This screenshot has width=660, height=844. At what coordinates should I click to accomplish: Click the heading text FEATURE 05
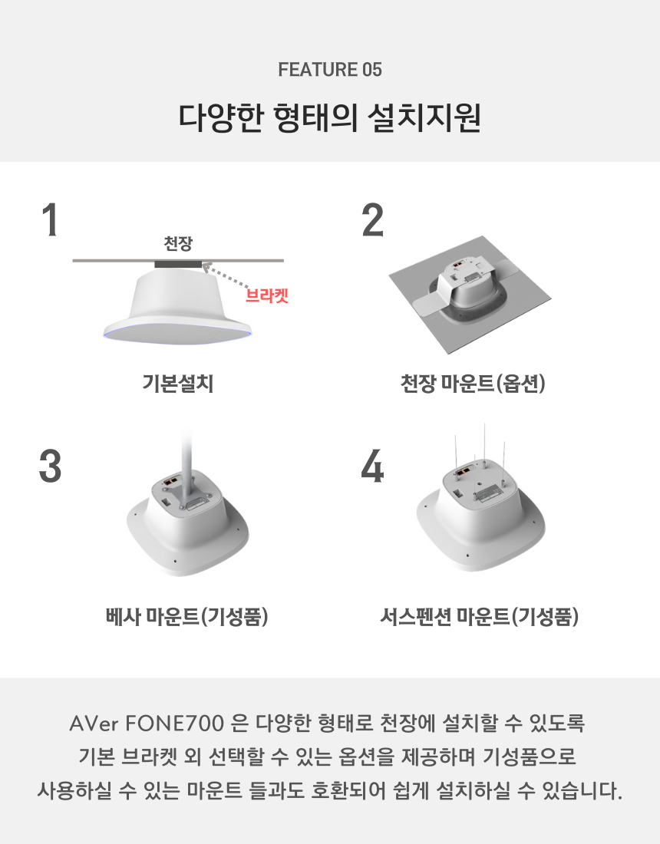329,69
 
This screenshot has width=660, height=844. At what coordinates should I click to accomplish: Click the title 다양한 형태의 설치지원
329,117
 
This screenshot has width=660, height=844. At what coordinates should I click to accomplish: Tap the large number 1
50,219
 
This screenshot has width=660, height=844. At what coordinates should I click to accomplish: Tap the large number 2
372,219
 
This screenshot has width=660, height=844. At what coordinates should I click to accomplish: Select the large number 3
50,466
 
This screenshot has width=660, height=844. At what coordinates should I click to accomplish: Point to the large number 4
372,466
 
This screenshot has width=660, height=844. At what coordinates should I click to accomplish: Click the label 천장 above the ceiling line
178,243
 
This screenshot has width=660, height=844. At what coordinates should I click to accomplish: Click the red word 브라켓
267,295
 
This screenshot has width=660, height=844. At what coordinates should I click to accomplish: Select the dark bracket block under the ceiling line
178,264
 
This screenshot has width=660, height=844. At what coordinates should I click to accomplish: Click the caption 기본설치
178,383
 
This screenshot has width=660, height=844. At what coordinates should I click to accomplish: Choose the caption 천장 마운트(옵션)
473,383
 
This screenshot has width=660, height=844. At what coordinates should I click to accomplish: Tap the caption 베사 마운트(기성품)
186,616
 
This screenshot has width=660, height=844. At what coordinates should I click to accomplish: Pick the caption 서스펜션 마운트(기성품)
479,616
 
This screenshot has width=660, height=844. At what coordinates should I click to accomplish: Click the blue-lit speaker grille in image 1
178,335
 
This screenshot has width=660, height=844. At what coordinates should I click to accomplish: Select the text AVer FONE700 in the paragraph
147,724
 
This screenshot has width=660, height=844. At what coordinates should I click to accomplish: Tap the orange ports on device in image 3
173,480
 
